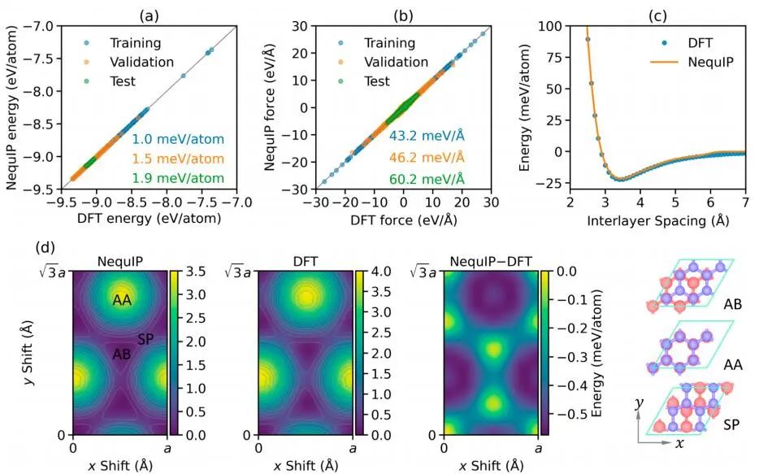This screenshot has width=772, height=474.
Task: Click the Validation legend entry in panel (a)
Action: (141, 62)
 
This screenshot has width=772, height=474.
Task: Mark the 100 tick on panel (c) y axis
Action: (553, 26)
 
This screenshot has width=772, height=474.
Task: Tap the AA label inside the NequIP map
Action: (122, 301)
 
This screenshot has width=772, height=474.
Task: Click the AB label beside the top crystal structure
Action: (735, 305)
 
